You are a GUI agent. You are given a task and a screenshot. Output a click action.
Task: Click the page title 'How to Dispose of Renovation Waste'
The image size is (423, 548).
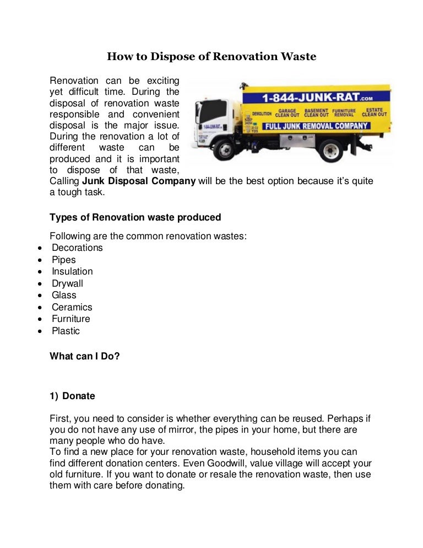click(211, 56)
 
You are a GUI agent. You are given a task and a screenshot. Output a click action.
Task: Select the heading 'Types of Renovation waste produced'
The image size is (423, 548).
click(135, 217)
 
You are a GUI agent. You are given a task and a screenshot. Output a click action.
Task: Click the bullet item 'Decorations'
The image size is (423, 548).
click(77, 248)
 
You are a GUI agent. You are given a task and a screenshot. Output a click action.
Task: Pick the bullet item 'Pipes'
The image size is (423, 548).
click(64, 260)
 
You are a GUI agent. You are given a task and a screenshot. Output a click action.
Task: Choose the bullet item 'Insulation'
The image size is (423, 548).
click(72, 271)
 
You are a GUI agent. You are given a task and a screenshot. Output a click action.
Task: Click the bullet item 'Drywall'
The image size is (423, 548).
click(68, 283)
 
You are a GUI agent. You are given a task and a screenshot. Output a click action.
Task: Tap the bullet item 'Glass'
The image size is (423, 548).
click(64, 295)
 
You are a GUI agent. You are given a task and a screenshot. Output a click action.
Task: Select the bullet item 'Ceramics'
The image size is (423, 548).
click(72, 307)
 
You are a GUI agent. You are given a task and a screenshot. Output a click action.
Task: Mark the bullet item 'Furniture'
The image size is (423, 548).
click(71, 319)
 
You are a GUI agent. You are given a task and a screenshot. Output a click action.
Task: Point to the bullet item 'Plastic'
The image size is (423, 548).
click(66, 331)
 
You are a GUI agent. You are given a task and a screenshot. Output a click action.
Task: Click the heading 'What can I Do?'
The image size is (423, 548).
click(85, 356)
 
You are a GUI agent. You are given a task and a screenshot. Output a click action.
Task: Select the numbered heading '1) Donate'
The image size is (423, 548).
click(72, 396)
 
